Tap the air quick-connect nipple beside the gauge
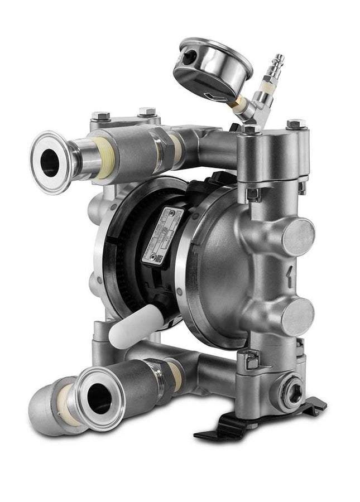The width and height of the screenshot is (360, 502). coord(275,66)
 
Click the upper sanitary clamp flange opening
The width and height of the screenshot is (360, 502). coord(50,162)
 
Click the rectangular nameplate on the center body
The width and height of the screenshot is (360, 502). coord(162,234)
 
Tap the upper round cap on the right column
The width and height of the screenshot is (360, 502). coord(297,237)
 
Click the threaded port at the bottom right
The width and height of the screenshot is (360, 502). coord(291,392)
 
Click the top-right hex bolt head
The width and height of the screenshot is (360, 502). coord(295,124)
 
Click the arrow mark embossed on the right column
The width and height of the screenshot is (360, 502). coord(289,275)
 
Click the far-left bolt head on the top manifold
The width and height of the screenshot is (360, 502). coord(100,117)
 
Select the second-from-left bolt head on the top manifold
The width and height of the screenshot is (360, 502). coord(147,112)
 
